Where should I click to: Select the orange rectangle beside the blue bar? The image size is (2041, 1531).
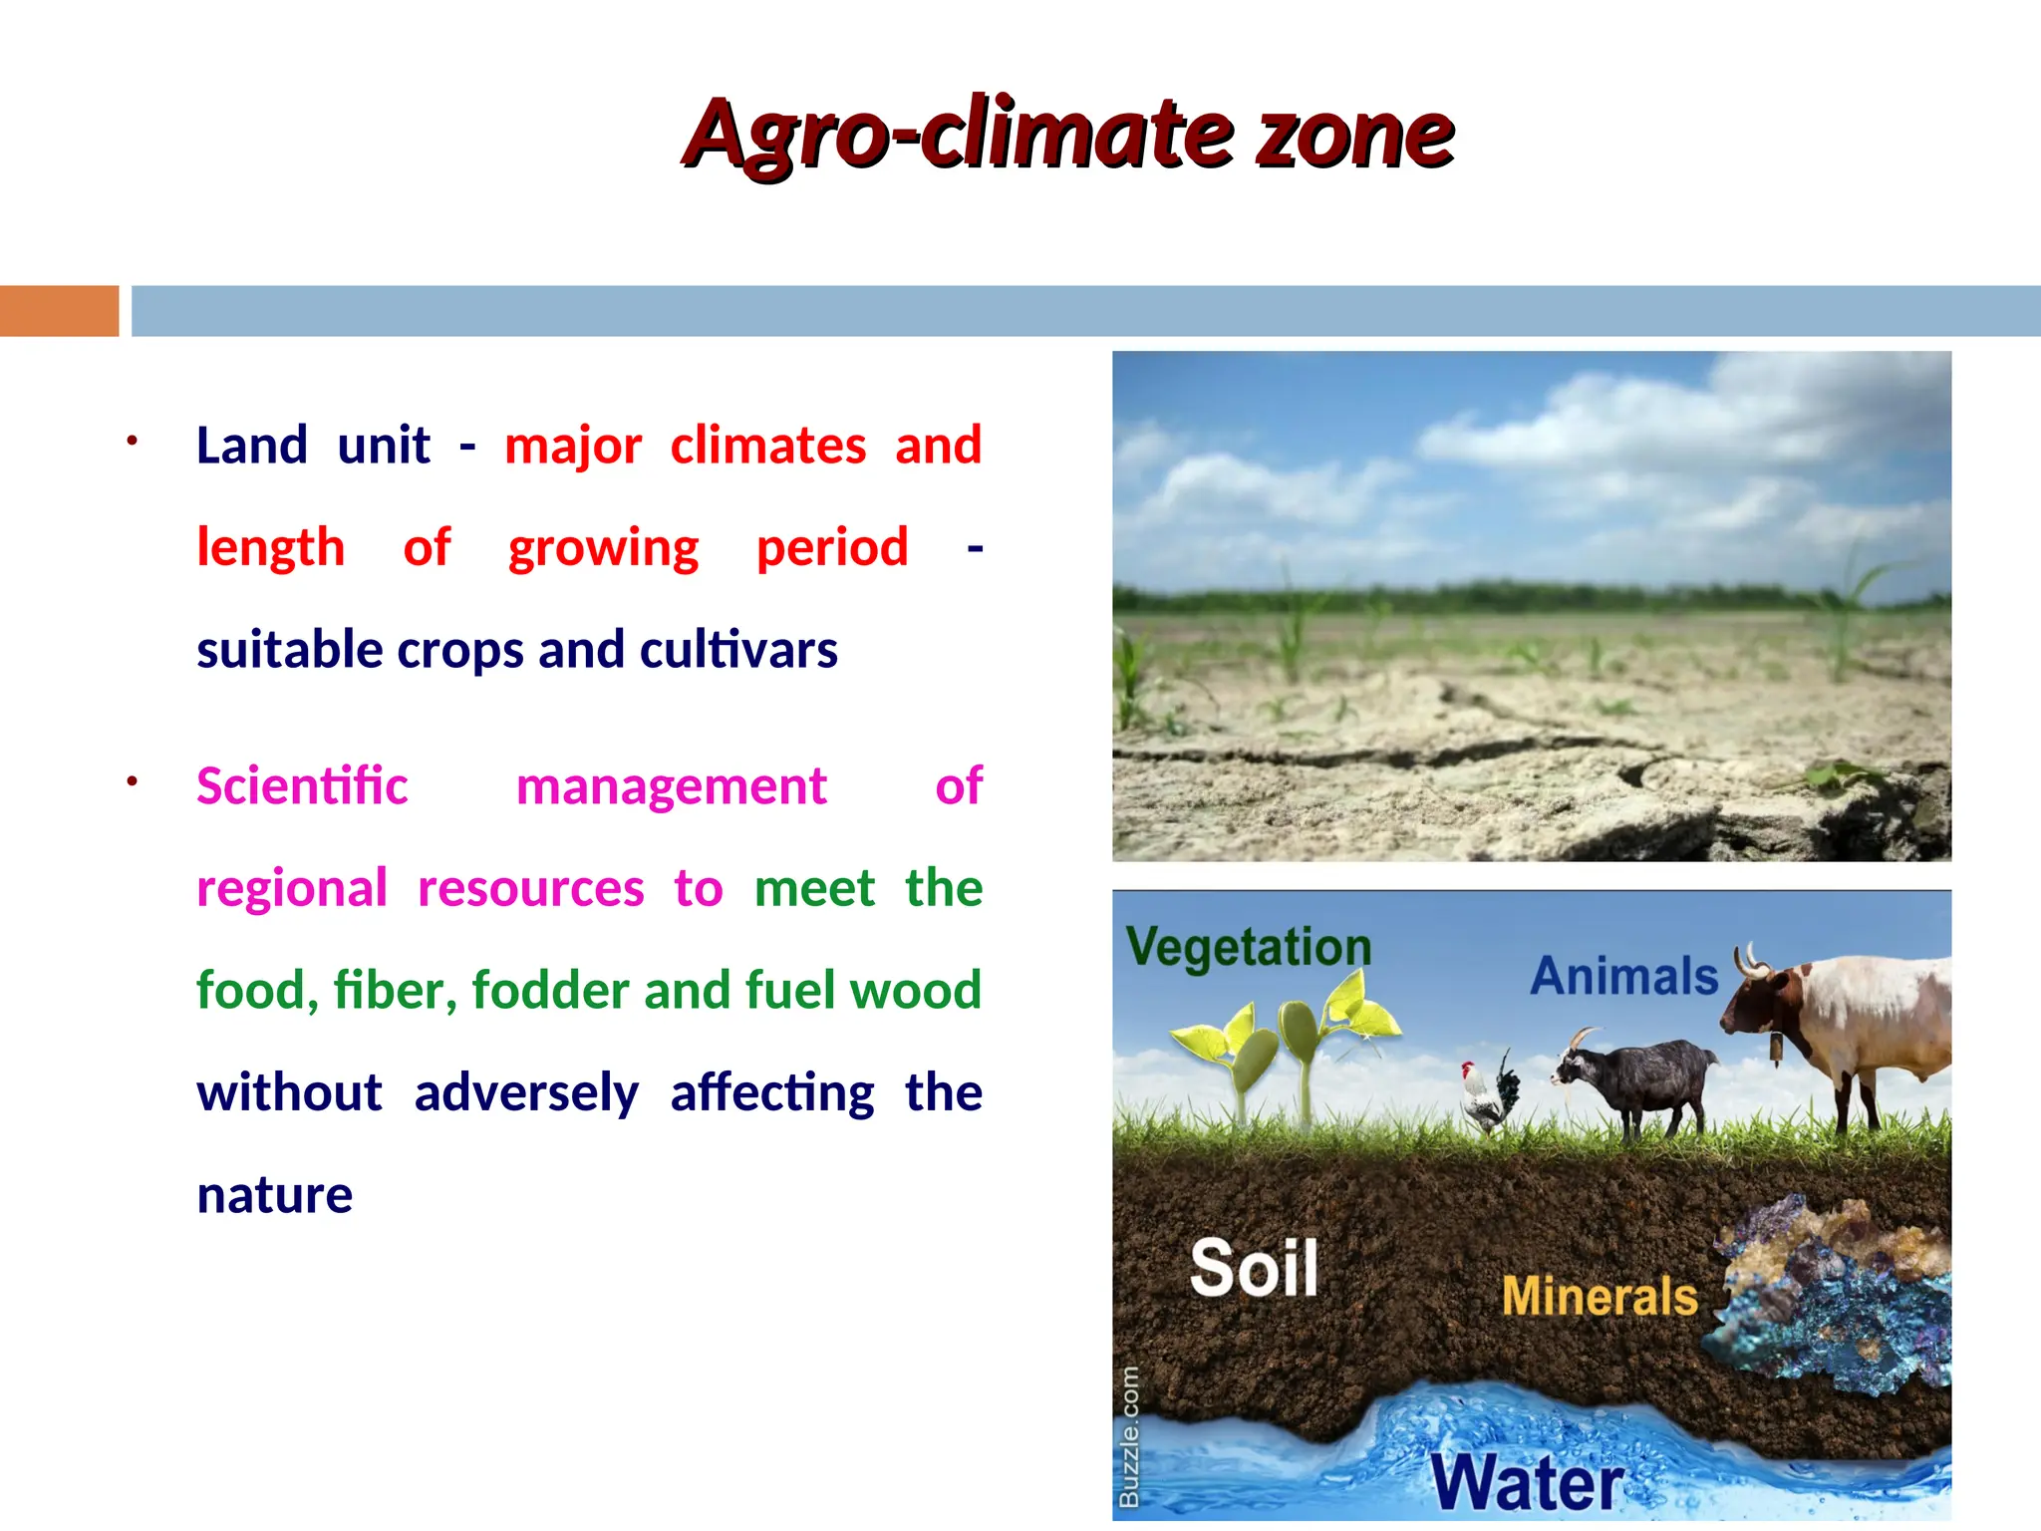pyautogui.click(x=59, y=311)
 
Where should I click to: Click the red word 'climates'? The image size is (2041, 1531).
pyautogui.click(x=767, y=446)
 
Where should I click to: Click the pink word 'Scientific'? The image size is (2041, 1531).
pyautogui.click(x=302, y=786)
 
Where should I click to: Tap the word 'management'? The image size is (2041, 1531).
pyautogui.click(x=671, y=787)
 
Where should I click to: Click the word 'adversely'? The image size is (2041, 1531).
pyautogui.click(x=526, y=1093)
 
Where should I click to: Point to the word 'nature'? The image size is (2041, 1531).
pyautogui.click(x=275, y=1195)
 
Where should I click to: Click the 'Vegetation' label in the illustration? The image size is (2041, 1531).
pyautogui.click(x=1248, y=946)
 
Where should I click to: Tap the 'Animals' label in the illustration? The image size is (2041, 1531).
pyautogui.click(x=1623, y=976)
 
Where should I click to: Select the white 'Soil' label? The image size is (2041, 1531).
pyautogui.click(x=1254, y=1268)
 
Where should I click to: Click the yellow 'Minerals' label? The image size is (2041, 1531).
pyautogui.click(x=1599, y=1297)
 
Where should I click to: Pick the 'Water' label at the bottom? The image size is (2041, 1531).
pyautogui.click(x=1527, y=1484)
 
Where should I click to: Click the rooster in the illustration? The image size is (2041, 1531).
pyautogui.click(x=1488, y=1096)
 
